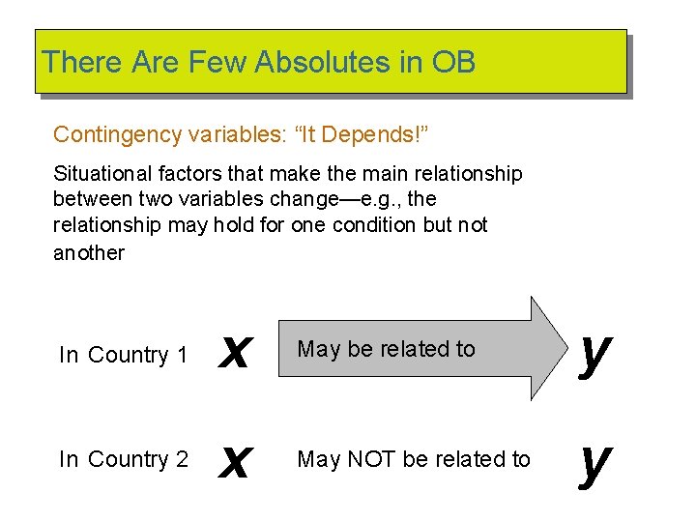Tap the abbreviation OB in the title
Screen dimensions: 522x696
pos(453,63)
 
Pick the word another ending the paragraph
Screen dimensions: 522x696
pos(89,253)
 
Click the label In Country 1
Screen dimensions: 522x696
pos(124,356)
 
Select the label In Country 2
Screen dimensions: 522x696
pos(124,459)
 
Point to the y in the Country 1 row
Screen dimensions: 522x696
pos(594,353)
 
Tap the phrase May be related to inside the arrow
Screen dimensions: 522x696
pos(387,349)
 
